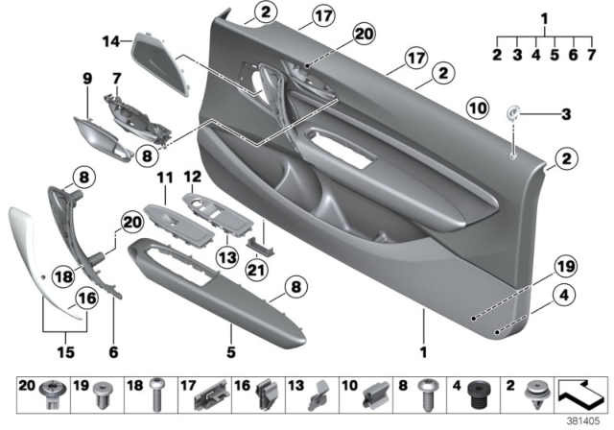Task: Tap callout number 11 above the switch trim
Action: (x=162, y=178)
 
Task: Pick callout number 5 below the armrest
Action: (x=231, y=352)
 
